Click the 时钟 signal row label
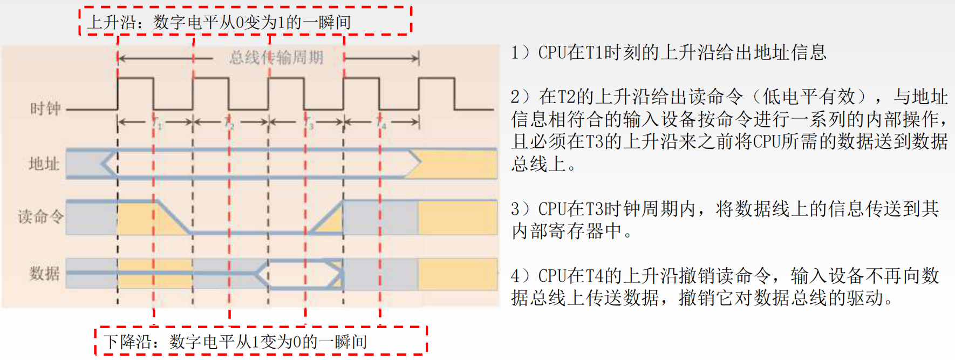[45, 108]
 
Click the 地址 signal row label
[44, 164]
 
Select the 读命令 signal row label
[40, 217]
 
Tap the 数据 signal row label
[44, 273]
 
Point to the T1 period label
[156, 123]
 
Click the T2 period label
[230, 123]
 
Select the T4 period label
[381, 123]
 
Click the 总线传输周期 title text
[276, 57]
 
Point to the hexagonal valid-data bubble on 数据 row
[300, 274]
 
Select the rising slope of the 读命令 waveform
[325, 217]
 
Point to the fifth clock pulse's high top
[436, 78]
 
